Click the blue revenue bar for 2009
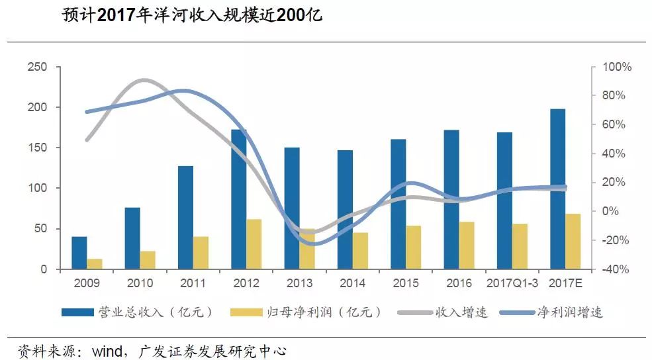click(x=79, y=253)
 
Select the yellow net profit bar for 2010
click(x=148, y=260)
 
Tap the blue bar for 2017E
click(x=557, y=189)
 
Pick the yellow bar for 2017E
click(x=573, y=241)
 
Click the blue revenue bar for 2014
click(x=345, y=210)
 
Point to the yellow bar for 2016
click(x=467, y=246)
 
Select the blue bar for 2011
click(x=185, y=218)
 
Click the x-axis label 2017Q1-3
click(x=512, y=283)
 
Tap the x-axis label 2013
click(x=299, y=283)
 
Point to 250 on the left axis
click(x=37, y=67)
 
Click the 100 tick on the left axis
click(x=37, y=188)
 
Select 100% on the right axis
click(x=617, y=67)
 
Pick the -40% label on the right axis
click(x=616, y=269)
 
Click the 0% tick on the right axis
click(x=610, y=211)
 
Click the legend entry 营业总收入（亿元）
click(x=137, y=312)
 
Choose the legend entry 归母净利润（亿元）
click(x=306, y=312)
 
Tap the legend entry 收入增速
click(x=443, y=312)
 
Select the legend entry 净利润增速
click(x=551, y=312)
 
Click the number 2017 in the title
click(x=116, y=15)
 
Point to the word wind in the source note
click(x=107, y=351)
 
